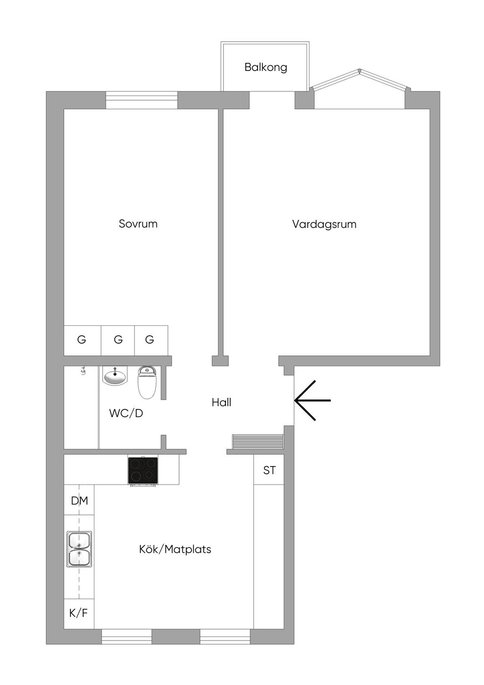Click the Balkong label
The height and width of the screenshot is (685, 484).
tap(266, 67)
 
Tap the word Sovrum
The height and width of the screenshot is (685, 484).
tap(138, 224)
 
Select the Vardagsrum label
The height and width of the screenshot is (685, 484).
tap(324, 224)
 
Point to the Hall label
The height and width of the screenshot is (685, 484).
tap(221, 402)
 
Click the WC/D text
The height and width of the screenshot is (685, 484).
tap(126, 413)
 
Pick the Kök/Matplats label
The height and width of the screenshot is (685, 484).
tap(175, 549)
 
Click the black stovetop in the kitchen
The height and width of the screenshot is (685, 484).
tap(143, 470)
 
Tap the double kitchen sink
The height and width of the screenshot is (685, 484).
tap(79, 549)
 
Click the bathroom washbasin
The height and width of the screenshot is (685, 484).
tap(115, 377)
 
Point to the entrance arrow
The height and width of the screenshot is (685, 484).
tap(312, 400)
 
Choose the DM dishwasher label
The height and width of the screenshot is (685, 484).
tap(79, 500)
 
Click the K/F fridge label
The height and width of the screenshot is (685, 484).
tap(78, 613)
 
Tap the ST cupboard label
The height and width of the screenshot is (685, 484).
tap(269, 470)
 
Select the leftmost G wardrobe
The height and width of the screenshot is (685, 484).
tap(82, 339)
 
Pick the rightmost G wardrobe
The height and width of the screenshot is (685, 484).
tap(150, 339)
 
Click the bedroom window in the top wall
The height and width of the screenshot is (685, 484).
tap(141, 100)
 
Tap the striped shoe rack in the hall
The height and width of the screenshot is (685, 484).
tap(258, 442)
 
